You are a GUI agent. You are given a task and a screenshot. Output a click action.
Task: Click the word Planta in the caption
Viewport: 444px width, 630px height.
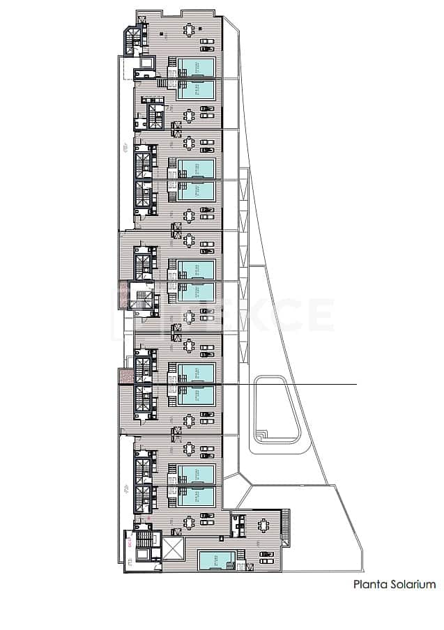pos(369,585)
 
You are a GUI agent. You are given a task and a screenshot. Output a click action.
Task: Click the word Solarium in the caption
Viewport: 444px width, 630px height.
pos(412,585)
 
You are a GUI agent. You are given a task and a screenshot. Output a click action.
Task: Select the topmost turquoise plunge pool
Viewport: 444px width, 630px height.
pos(197,67)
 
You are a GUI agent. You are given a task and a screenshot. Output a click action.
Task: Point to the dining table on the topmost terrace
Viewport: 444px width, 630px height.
pos(190,30)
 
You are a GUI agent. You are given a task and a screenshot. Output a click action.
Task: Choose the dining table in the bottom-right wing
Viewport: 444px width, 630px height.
pos(265,525)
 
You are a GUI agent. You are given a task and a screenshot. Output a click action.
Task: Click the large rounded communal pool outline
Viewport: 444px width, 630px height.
pos(277,410)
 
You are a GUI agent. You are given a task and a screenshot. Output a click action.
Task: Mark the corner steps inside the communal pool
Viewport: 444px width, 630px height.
pos(261,435)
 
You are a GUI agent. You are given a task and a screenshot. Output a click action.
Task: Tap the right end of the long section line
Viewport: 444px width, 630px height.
pos(356,384)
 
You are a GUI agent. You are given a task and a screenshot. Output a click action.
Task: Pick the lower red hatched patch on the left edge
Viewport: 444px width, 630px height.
pos(124,376)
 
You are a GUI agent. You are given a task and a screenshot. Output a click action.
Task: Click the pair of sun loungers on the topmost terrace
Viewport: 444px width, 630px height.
pos(208,45)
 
